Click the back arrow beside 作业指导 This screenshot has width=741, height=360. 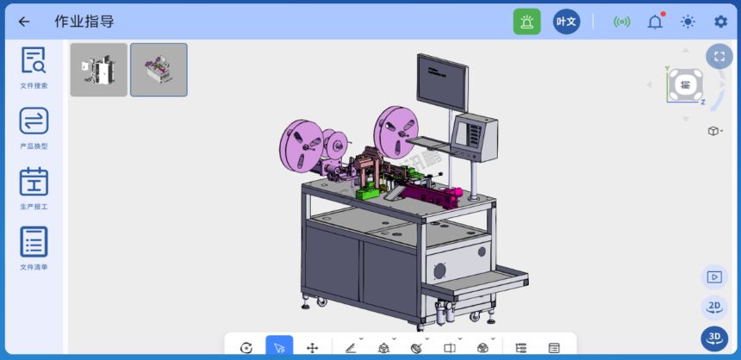pyautogui.click(x=24, y=22)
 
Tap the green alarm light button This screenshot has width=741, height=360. pyautogui.click(x=526, y=22)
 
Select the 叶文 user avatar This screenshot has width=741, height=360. pyautogui.click(x=566, y=22)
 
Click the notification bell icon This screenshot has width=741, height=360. pyautogui.click(x=655, y=22)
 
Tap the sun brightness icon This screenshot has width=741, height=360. pyautogui.click(x=688, y=22)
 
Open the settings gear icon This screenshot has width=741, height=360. pyautogui.click(x=720, y=22)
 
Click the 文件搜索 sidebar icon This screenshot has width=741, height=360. pyautogui.click(x=34, y=61)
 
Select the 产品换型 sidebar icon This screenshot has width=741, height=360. pyautogui.click(x=34, y=121)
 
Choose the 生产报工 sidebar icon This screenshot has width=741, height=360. pyautogui.click(x=34, y=182)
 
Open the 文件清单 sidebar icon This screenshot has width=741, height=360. pyautogui.click(x=34, y=242)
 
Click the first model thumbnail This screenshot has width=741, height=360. pyautogui.click(x=98, y=70)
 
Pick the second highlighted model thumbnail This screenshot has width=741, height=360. pyautogui.click(x=159, y=70)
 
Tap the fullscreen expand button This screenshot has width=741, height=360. pyautogui.click(x=719, y=56)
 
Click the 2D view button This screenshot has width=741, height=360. pyautogui.click(x=714, y=307)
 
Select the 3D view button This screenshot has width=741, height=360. pyautogui.click(x=714, y=338)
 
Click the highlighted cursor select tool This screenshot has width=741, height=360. pyautogui.click(x=279, y=347)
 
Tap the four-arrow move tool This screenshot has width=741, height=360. pyautogui.click(x=312, y=347)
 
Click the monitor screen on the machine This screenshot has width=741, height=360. pyautogui.click(x=443, y=81)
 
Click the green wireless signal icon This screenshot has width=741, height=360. pyautogui.click(x=621, y=22)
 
